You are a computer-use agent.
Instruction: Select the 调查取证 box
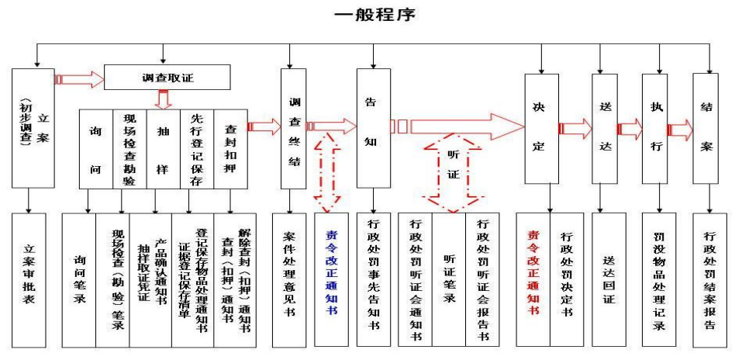click(167, 77)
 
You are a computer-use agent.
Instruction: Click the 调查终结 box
click(293, 128)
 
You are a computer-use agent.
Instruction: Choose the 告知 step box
click(373, 128)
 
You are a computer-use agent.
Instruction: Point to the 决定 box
click(540, 128)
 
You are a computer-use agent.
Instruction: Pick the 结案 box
click(706, 128)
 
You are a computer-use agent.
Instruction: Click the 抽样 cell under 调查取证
click(163, 148)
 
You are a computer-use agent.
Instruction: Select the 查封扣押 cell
click(230, 148)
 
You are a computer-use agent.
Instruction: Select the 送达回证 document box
click(608, 279)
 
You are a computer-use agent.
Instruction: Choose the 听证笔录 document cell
click(448, 279)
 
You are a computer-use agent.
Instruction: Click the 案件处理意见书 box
click(290, 279)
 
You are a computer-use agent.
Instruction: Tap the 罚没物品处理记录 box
click(660, 279)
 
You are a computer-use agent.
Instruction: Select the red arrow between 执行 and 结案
click(680, 130)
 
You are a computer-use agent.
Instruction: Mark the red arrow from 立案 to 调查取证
click(80, 79)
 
